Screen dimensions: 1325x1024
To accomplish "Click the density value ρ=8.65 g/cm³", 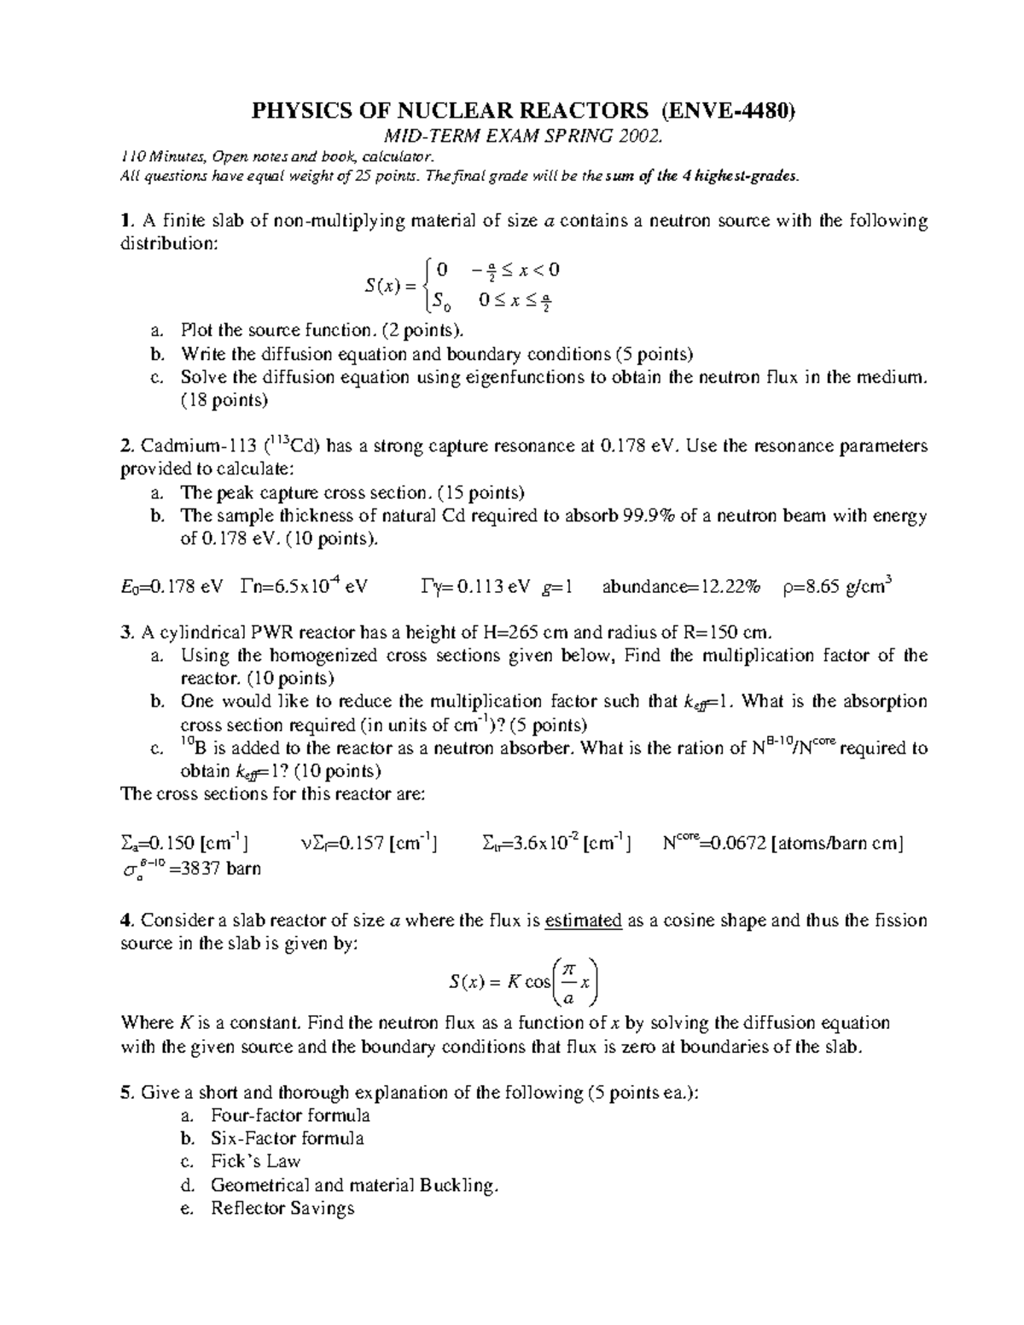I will click(x=837, y=587).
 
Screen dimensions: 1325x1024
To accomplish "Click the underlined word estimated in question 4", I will click(x=583, y=921).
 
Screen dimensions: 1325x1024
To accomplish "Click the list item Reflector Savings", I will click(x=282, y=1208).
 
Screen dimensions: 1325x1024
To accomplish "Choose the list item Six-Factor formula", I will click(x=288, y=1138).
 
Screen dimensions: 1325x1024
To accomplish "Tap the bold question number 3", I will click(x=127, y=633).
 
